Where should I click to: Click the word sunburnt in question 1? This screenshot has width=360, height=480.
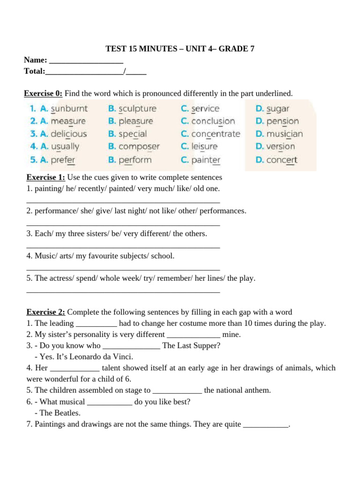coord(69,109)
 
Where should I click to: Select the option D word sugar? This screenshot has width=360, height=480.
coord(278,109)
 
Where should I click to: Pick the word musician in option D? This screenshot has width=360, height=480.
coord(285,134)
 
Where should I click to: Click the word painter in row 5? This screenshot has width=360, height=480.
coord(206,160)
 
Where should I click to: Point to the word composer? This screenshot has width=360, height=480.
coord(139,147)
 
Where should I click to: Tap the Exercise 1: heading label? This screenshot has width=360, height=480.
coord(45,178)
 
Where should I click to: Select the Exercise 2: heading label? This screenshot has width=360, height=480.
coord(45,312)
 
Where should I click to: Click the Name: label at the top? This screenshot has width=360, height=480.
coord(36,60)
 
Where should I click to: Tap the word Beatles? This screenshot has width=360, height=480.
coord(66,413)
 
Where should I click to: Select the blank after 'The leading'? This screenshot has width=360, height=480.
coord(96,323)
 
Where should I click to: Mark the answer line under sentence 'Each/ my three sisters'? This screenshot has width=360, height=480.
coord(123,246)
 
